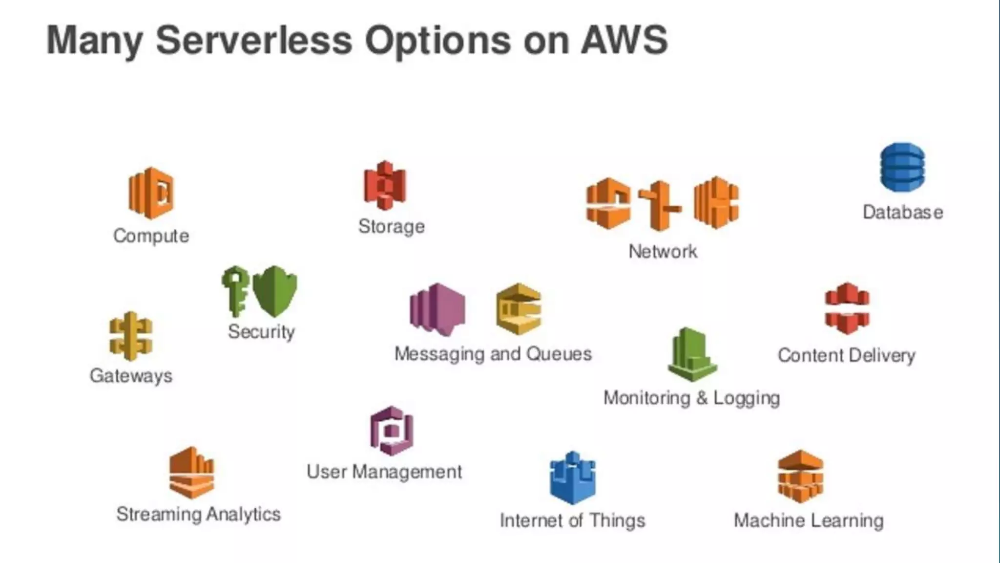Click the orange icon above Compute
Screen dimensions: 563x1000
151,193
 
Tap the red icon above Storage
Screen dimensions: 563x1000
385,186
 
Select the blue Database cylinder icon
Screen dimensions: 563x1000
902,167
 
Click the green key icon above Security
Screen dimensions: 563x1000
235,291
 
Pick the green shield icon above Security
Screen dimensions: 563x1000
275,291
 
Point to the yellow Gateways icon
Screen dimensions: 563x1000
131,336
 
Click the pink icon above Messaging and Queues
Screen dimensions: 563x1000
437,310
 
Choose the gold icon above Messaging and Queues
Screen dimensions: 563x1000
519,309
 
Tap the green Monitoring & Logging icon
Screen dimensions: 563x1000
692,355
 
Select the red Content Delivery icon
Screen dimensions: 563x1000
847,309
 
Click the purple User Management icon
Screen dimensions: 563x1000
392,431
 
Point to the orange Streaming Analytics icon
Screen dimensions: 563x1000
192,473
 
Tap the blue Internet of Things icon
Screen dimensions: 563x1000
573,478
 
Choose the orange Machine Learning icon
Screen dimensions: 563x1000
800,477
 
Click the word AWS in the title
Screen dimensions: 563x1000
624,40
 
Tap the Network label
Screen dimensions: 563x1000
663,252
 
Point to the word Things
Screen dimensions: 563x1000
617,521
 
